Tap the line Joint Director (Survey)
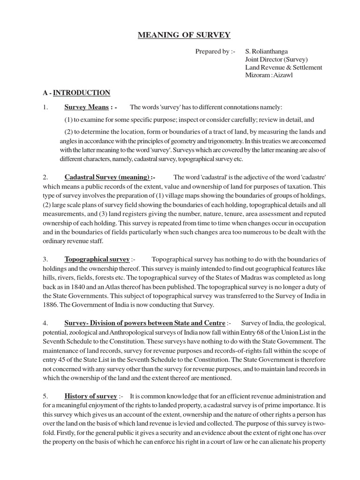point(276,59)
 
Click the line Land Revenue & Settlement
point(284,67)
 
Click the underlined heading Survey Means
point(87,107)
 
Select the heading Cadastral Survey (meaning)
point(107,177)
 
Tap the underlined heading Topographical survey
point(97,259)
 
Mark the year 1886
point(51,305)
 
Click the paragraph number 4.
point(45,323)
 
